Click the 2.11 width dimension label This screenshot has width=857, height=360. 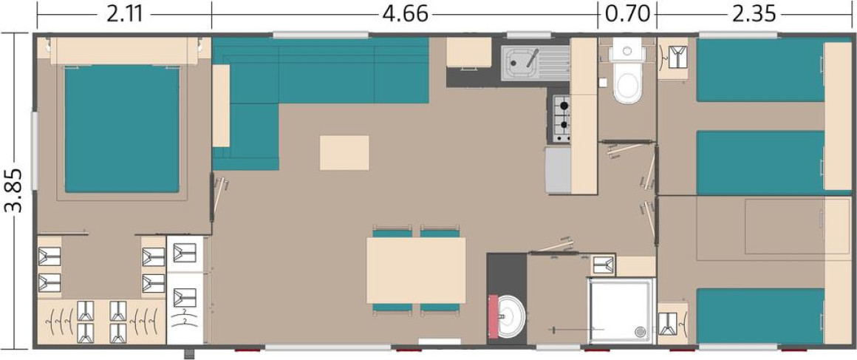pos(125,14)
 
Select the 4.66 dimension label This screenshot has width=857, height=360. pos(405,14)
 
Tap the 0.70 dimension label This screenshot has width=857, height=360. pos(627,14)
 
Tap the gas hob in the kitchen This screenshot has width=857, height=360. pos(562,118)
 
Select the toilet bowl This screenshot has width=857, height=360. pos(627,83)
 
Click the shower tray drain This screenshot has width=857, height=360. pos(639,331)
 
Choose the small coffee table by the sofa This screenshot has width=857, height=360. pos(344,152)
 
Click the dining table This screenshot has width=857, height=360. pos(416,271)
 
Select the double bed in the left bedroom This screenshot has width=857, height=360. pos(122,129)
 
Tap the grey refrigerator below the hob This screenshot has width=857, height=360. pos(558,170)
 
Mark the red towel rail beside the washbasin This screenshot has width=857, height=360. pos(494,316)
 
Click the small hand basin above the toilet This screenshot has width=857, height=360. pos(627,50)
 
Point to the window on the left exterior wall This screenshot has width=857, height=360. pos(35,151)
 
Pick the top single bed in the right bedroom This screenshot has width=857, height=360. pos(760,69)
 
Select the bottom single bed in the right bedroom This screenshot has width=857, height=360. pos(760,316)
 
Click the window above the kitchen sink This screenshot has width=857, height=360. pos(528,35)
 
